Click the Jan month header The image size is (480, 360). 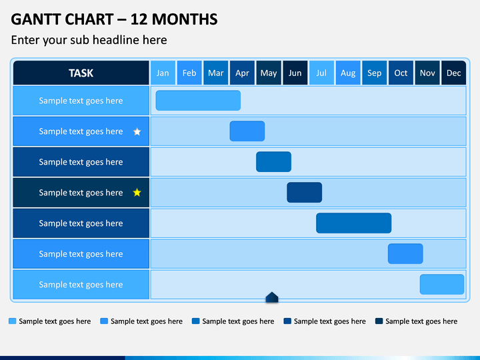(163, 73)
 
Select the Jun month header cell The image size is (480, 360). (295, 73)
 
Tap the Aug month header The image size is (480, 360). (348, 73)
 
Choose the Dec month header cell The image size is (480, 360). (454, 73)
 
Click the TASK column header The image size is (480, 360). (81, 73)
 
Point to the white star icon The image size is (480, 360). (137, 131)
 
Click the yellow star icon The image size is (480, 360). (137, 193)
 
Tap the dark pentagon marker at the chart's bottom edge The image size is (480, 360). (272, 297)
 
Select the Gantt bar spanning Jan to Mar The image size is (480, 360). (198, 101)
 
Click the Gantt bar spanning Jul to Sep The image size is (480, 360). (353, 223)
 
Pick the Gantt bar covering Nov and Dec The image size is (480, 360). (442, 285)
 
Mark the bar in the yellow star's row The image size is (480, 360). (304, 193)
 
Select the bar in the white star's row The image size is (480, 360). (247, 131)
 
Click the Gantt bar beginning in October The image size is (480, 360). (405, 254)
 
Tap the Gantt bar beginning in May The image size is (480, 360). (273, 161)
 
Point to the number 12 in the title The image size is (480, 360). (139, 19)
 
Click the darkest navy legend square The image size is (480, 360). (379, 321)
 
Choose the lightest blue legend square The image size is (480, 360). (12, 321)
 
